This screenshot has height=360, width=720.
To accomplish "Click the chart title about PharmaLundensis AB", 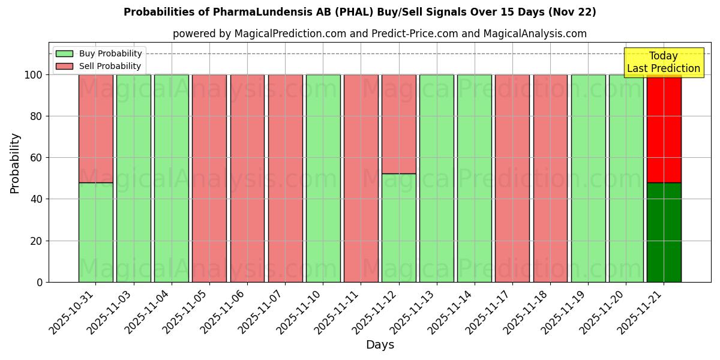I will coord(359,12).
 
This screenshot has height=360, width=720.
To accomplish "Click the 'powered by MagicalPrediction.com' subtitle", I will coord(379,34).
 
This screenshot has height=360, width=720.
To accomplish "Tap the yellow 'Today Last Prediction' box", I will coord(663,62).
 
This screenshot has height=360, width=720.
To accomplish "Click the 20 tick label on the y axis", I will coord(37,241).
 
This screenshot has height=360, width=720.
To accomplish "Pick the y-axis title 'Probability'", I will coord(15,163).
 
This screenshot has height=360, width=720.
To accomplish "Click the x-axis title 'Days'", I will coord(380,345).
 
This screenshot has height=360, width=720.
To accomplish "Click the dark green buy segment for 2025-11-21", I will coord(664,232).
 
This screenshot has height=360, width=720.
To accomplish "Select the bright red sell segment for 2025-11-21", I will coord(664,128).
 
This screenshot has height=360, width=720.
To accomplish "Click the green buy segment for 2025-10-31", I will coord(96,232).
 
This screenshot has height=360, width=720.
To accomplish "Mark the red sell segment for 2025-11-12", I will coord(398,124).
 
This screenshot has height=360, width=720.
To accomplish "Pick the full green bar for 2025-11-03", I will coord(134,178).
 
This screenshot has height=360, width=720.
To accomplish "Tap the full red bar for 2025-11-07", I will coord(285,178).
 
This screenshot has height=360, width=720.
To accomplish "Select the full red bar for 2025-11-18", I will coord(550,178).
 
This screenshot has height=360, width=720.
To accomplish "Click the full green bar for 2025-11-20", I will coord(626,178).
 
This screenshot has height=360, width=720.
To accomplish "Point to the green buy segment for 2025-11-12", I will coord(398,228).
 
